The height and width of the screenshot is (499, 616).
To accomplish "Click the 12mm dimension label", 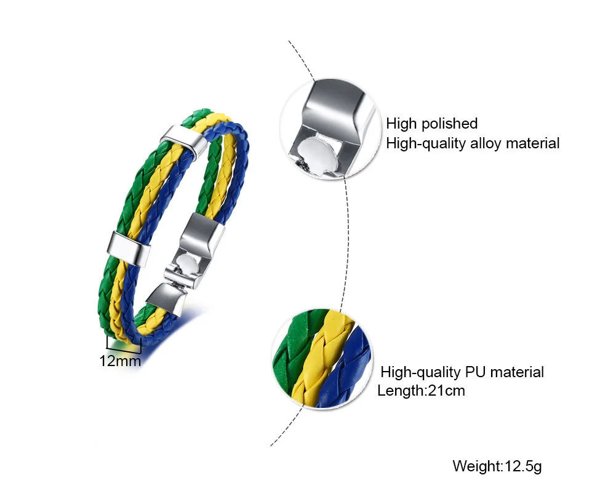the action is pyautogui.click(x=121, y=361).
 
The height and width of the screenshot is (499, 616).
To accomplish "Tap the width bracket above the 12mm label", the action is pyautogui.click(x=124, y=343).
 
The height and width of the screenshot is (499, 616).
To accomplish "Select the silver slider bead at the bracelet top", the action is pyautogui.click(x=180, y=141).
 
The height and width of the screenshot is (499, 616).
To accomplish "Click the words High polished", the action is pyautogui.click(x=432, y=123).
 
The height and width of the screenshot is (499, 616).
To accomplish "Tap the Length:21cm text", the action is pyautogui.click(x=422, y=390).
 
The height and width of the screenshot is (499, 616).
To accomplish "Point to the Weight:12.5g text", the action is pyautogui.click(x=497, y=466).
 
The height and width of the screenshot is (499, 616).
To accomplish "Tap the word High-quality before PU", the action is pyautogui.click(x=421, y=372).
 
